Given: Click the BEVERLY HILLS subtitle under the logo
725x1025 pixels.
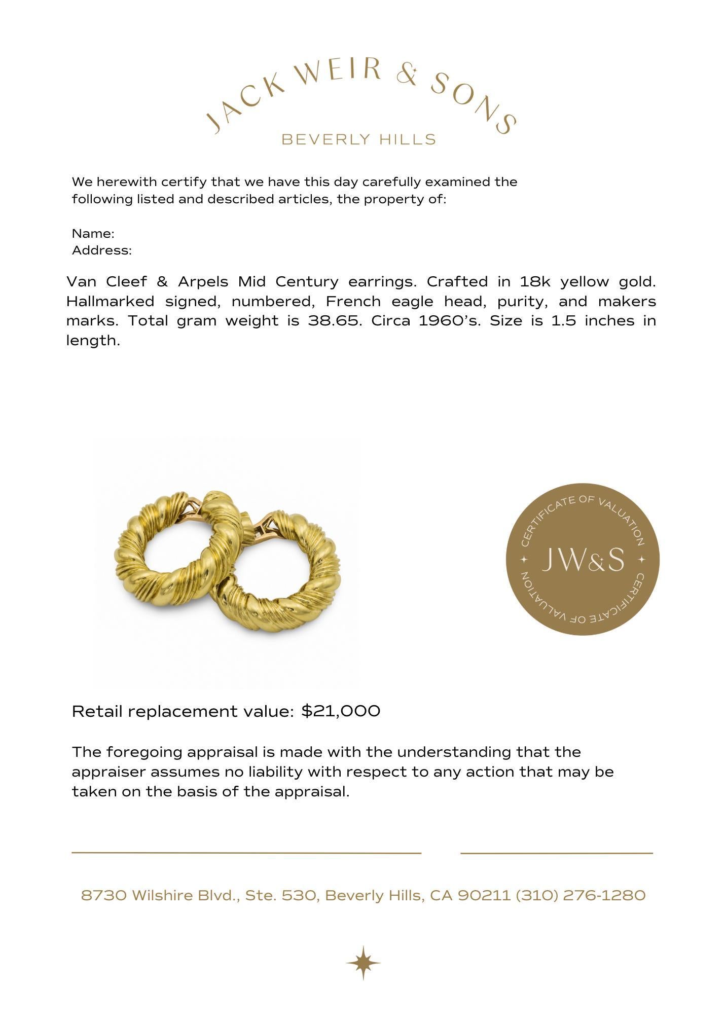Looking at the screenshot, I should pos(358,139).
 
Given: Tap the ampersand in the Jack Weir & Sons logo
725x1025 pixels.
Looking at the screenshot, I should pos(407,75).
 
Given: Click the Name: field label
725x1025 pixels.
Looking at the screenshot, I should pos(93,234).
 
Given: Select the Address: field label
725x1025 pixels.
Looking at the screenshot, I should pos(102,250).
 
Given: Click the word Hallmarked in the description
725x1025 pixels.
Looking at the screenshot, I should pos(110,302).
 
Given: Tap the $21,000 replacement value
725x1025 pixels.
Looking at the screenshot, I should pos(341,711).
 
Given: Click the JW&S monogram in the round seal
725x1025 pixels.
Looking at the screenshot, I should pos(583,560).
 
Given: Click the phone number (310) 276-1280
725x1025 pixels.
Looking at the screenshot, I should pos(581,896).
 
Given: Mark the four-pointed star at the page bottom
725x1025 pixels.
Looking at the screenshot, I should pos(363,963).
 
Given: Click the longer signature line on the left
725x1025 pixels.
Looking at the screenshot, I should pos(246,853).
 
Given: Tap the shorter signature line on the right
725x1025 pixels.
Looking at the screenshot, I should pos(556,853).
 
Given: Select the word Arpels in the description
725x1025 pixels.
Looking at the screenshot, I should pos(203,281).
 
